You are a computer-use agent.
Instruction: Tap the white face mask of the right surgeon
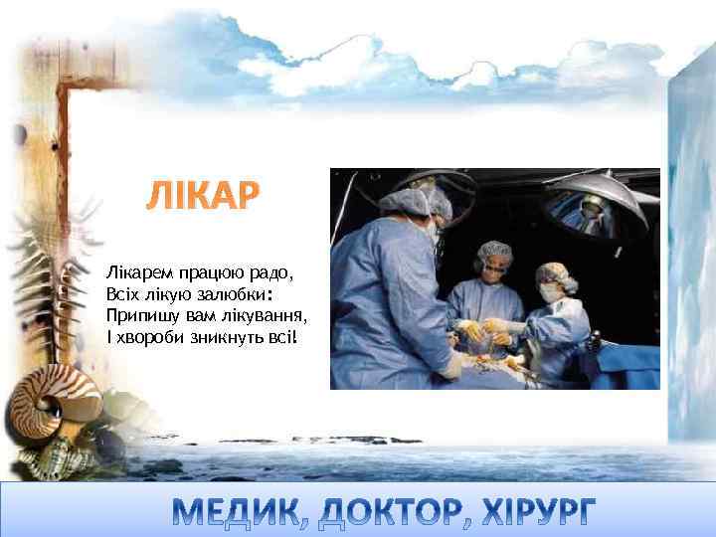pos(549,294)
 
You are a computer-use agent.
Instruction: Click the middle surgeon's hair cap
pos(494,251)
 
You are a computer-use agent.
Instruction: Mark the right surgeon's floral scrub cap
pos(555,273)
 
